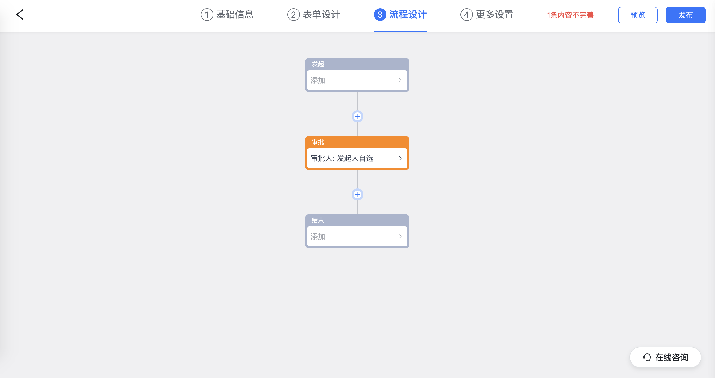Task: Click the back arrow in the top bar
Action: pyautogui.click(x=20, y=15)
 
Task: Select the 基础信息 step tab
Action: pyautogui.click(x=227, y=15)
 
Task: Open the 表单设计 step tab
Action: pyautogui.click(x=314, y=15)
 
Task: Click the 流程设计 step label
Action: pyautogui.click(x=408, y=15)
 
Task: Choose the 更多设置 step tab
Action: pyautogui.click(x=487, y=15)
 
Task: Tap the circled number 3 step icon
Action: pyautogui.click(x=380, y=15)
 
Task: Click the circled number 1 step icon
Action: pyautogui.click(x=207, y=15)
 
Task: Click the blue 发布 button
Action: pyautogui.click(x=685, y=15)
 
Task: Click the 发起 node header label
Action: pyautogui.click(x=318, y=64)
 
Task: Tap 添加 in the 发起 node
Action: pyautogui.click(x=318, y=80)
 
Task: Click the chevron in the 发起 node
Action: pyautogui.click(x=400, y=80)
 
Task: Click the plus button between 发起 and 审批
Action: pyautogui.click(x=357, y=116)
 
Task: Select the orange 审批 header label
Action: pyautogui.click(x=318, y=142)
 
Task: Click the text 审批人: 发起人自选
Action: pyautogui.click(x=342, y=159)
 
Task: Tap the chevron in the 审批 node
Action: pyautogui.click(x=400, y=159)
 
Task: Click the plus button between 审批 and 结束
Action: pyautogui.click(x=357, y=194)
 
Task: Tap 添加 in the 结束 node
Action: pyautogui.click(x=318, y=237)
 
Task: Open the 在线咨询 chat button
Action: pyautogui.click(x=665, y=357)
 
